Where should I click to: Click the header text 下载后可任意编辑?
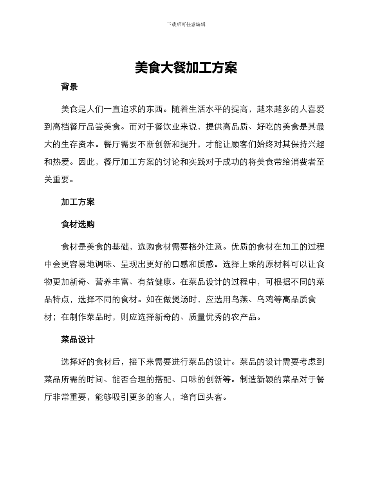click(x=186, y=24)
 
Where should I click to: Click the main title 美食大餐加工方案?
click(x=186, y=68)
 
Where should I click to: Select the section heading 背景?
click(x=69, y=87)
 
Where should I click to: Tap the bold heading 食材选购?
click(x=78, y=224)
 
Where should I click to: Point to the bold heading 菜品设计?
click(x=78, y=339)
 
